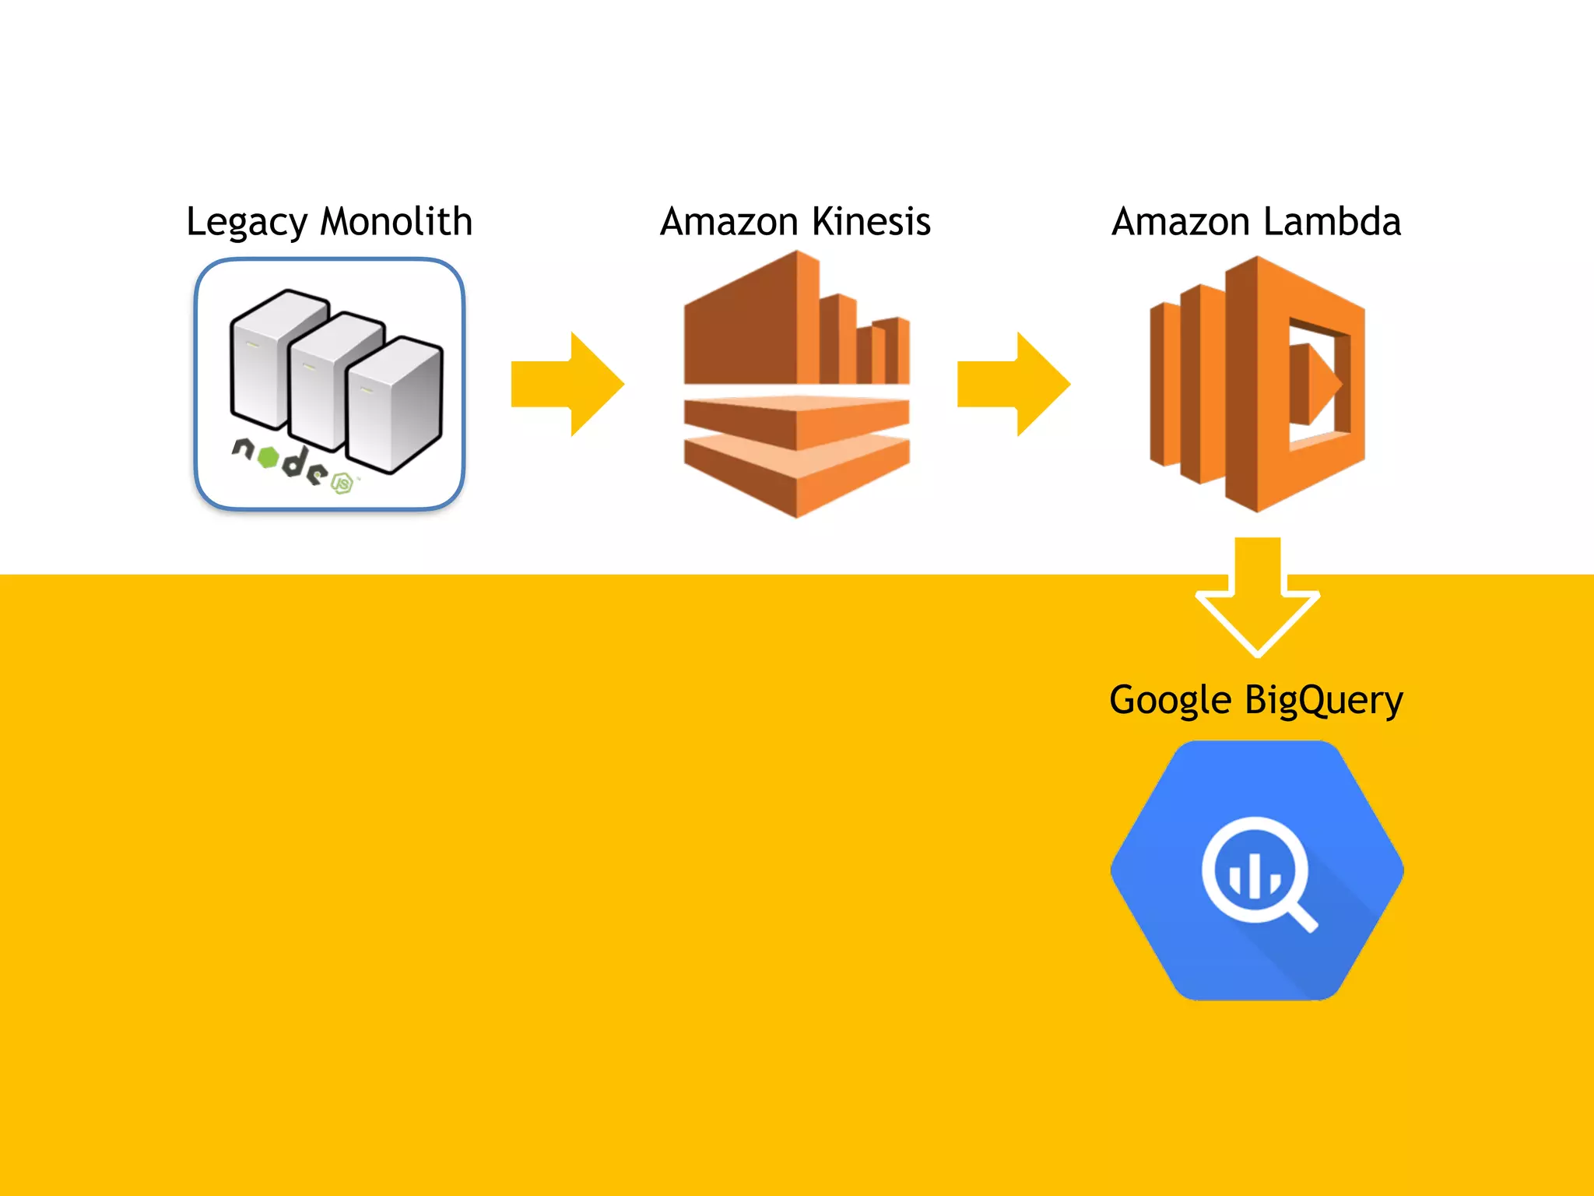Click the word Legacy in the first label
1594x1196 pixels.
click(x=247, y=223)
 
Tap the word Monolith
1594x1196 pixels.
click(x=396, y=222)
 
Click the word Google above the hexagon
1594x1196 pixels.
click(x=1170, y=700)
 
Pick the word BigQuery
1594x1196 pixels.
click(x=1324, y=700)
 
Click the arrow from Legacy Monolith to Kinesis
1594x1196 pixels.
click(x=567, y=384)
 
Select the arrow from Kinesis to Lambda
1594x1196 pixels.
click(x=1013, y=384)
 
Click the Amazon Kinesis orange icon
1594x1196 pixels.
click(x=796, y=384)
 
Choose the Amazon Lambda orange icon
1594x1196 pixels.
click(x=1257, y=384)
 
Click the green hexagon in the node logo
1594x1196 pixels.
click(x=268, y=457)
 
